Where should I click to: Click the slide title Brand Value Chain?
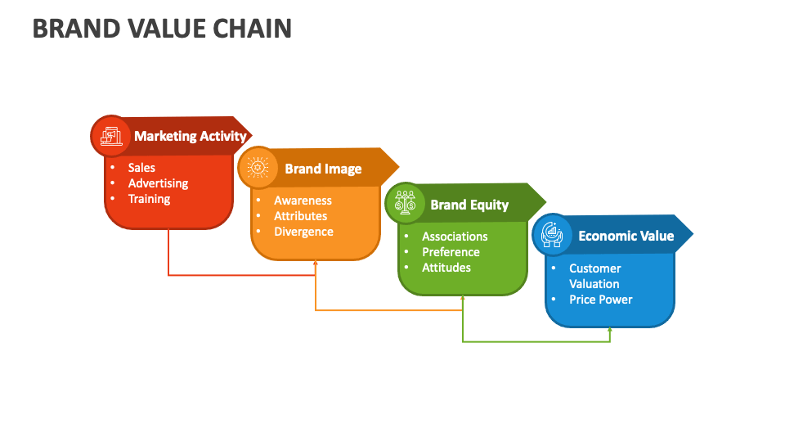click(x=162, y=29)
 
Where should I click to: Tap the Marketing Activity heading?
click(x=190, y=136)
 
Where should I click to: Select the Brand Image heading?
click(x=323, y=169)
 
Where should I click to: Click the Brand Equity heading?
click(x=469, y=205)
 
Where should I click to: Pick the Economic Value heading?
click(x=626, y=236)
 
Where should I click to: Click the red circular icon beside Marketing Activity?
click(x=110, y=136)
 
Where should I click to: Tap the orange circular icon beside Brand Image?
click(x=258, y=168)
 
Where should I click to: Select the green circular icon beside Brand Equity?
click(x=405, y=203)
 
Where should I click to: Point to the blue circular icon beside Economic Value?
click(x=552, y=235)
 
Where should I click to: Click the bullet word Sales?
click(x=141, y=168)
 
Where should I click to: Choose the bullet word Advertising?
click(x=158, y=183)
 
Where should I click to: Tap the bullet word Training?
click(x=149, y=199)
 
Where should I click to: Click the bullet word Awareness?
click(x=303, y=201)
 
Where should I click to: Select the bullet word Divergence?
click(x=303, y=232)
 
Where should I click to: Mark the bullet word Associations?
click(x=455, y=237)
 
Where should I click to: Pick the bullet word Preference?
click(x=451, y=252)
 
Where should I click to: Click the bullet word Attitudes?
click(x=446, y=268)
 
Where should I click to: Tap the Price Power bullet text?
click(x=601, y=300)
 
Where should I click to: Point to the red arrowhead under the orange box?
click(x=316, y=264)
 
